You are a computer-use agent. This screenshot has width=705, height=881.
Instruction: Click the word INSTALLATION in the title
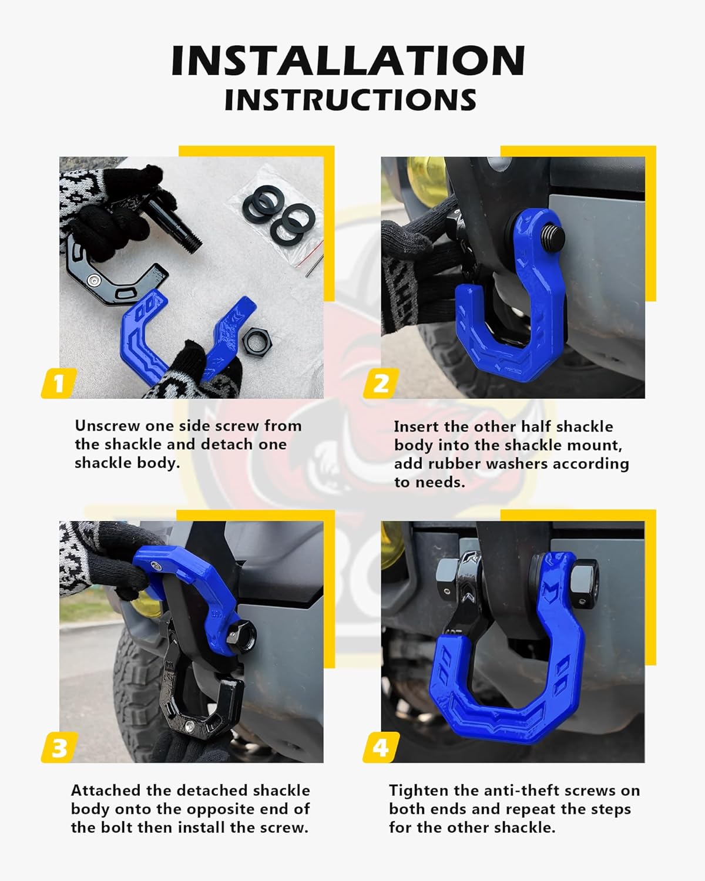[348, 60]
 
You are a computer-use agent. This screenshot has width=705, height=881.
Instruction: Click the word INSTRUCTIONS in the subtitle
[350, 100]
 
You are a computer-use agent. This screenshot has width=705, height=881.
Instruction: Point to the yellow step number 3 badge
[59, 748]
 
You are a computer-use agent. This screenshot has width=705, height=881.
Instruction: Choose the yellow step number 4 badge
[381, 748]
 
